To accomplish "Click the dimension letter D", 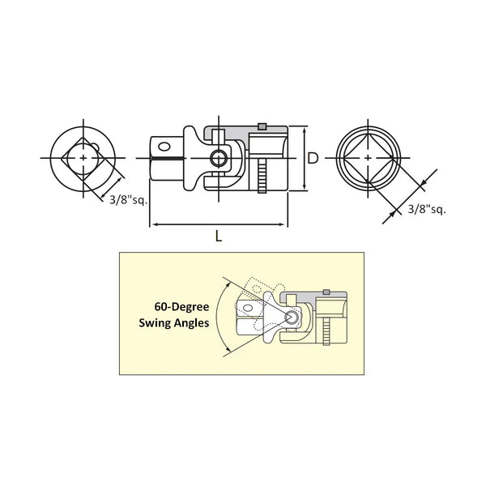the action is pos(313,159).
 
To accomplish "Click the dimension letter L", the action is pos(219,237).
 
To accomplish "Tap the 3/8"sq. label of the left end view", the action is pos(128,200).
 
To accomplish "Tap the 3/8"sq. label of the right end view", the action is pos(427,210).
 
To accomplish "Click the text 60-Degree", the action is pos(181,307).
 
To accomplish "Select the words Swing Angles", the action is pos(174,323).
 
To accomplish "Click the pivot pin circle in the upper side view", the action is pos(219,159).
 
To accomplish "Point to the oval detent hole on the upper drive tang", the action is pos(164,147).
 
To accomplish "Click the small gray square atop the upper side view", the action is pos(262,126).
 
